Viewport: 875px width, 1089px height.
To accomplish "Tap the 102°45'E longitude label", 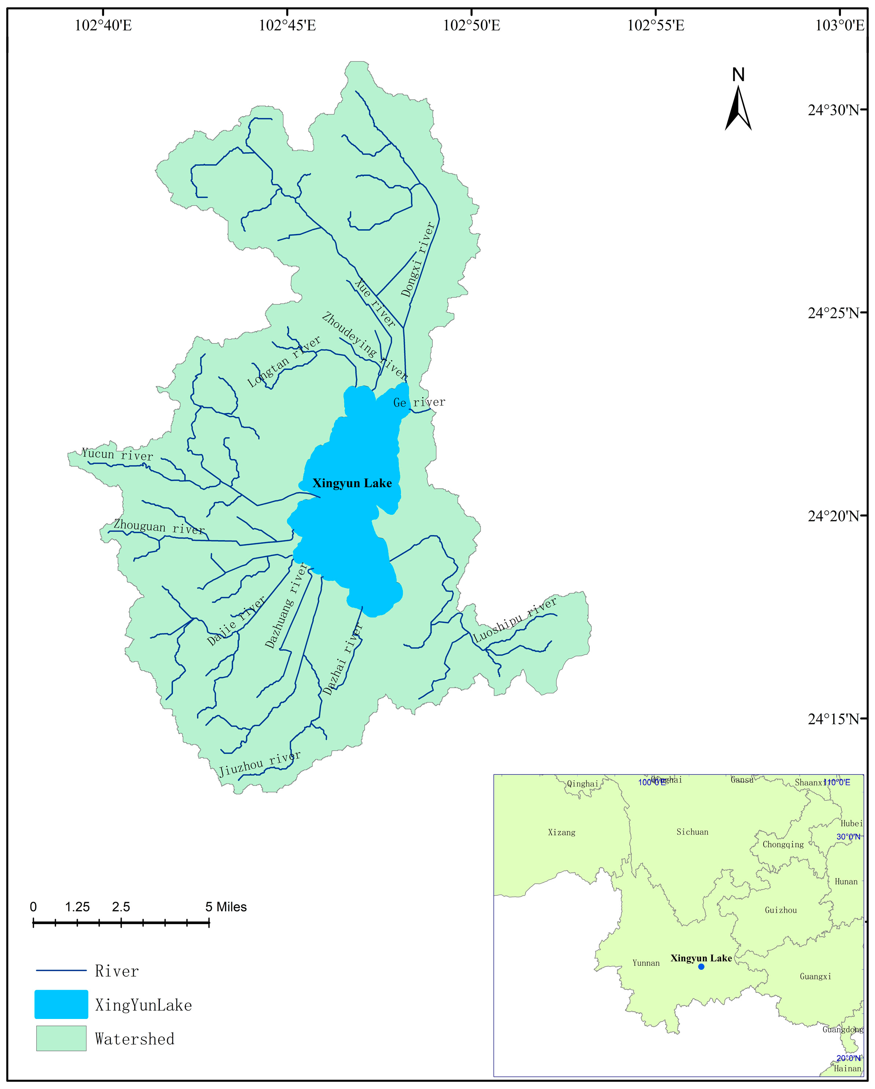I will click(287, 25).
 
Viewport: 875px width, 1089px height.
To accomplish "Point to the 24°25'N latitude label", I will click(833, 313).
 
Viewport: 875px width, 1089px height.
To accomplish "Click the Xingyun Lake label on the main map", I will click(352, 483).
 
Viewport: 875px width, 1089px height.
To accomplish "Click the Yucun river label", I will click(117, 455).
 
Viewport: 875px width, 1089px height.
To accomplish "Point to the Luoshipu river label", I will click(515, 619).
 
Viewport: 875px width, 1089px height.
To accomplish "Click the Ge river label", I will click(419, 403).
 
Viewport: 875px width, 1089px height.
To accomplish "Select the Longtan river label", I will click(284, 362).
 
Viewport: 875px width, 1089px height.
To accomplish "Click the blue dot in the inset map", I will click(701, 966).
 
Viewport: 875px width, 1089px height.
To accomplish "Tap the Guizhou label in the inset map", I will click(780, 910).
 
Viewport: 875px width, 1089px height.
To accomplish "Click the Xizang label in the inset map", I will click(562, 832).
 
